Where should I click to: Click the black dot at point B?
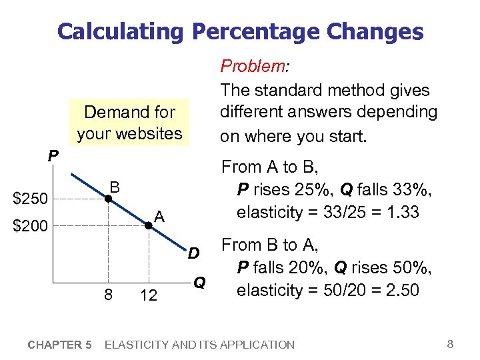[x=107, y=199]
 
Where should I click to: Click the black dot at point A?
[x=148, y=226]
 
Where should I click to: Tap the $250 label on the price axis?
[x=31, y=199]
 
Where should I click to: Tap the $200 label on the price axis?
[x=31, y=227]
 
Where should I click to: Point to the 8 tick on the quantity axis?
[x=107, y=294]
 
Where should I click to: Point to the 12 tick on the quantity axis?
[x=149, y=294]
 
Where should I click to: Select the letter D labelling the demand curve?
[x=193, y=253]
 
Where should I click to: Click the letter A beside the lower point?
[x=159, y=217]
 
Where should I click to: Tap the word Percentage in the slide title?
[x=259, y=31]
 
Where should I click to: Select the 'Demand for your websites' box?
[x=129, y=123]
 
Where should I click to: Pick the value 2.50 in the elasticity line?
[x=399, y=290]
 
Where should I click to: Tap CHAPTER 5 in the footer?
[x=60, y=345]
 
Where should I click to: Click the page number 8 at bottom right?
[x=450, y=344]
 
